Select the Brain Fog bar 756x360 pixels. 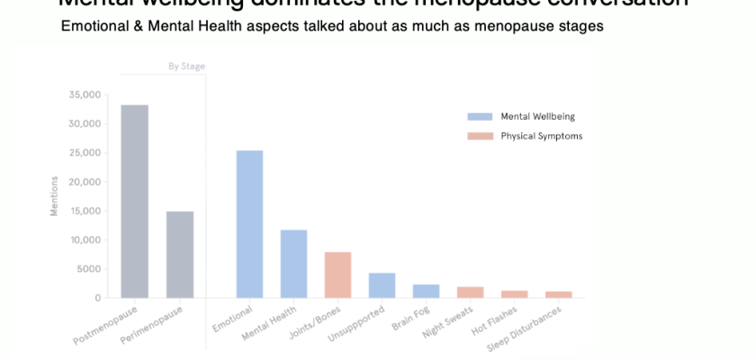click(x=426, y=291)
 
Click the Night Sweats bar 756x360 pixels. click(x=470, y=292)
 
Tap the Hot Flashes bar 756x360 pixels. click(x=514, y=293)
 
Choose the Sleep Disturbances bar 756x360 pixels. click(x=558, y=294)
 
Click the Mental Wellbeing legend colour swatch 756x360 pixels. click(x=479, y=116)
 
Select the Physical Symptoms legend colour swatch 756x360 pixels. click(x=479, y=136)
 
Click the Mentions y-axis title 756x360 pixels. click(x=54, y=195)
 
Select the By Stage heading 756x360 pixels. click(x=186, y=66)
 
